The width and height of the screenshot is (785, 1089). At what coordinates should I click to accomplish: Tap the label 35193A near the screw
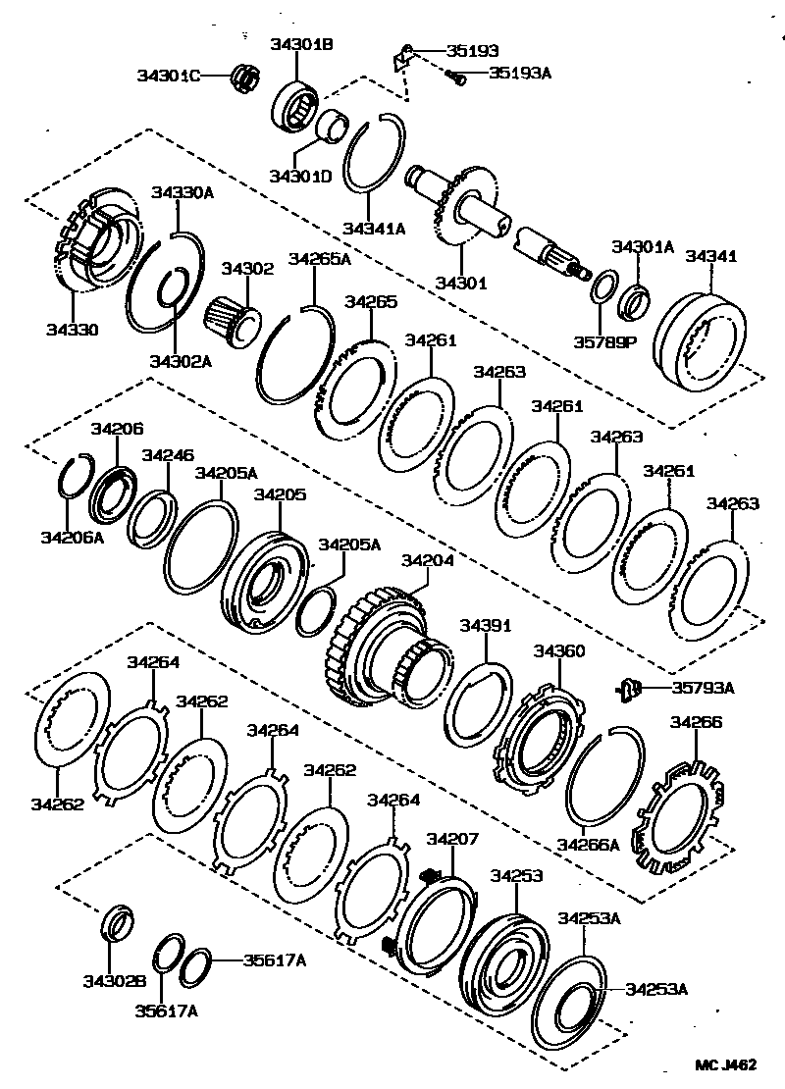tap(520, 73)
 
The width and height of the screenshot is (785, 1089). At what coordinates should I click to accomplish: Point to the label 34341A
tap(374, 229)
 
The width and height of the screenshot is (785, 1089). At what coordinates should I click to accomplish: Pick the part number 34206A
tap(72, 537)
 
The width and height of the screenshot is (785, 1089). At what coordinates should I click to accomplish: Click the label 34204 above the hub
tap(428, 560)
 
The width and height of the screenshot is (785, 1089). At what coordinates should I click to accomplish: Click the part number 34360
tap(559, 650)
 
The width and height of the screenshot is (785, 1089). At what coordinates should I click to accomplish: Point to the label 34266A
tap(588, 844)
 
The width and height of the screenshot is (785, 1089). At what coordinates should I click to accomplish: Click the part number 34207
tap(452, 839)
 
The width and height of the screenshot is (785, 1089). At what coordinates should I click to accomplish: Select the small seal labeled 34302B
tap(116, 922)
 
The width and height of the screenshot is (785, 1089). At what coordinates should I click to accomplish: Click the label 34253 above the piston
tap(517, 875)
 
